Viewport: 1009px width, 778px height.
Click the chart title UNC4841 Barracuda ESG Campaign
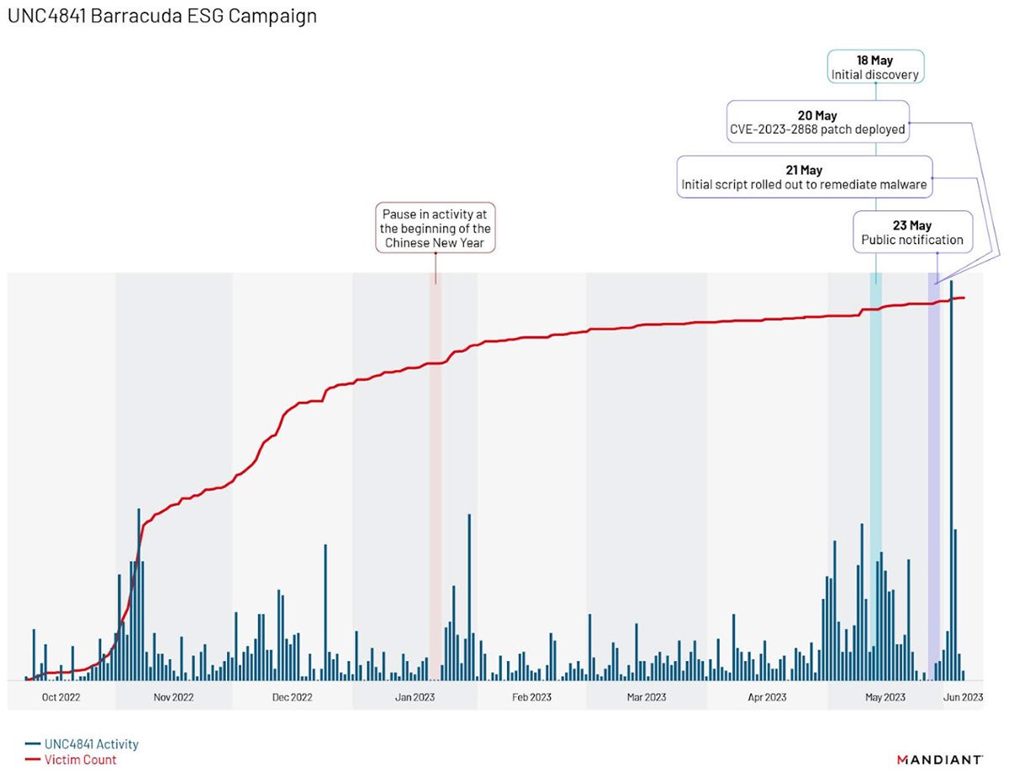coord(162,16)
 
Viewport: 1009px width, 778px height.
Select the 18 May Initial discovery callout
coord(875,67)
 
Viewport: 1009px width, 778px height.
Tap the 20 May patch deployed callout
coord(817,123)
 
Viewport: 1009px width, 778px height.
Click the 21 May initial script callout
coord(804,177)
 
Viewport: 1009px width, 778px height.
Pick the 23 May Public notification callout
coord(912,232)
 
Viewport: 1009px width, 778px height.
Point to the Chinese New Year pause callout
coord(436,228)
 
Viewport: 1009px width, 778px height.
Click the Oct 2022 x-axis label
coord(61,696)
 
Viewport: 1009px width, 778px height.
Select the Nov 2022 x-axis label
coord(174,696)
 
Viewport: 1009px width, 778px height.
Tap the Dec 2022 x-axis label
coord(293,696)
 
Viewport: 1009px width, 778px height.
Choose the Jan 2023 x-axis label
coord(415,696)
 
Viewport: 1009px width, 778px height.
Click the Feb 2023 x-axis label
coord(531,696)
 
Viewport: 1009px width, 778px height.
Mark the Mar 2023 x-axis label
coord(646,696)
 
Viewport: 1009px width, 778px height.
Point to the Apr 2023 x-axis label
coord(767,696)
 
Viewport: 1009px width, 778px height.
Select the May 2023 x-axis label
coord(885,696)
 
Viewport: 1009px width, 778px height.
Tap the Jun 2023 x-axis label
coord(962,696)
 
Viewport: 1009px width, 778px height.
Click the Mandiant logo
coord(939,759)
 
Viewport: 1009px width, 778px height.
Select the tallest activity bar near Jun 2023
coord(951,479)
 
